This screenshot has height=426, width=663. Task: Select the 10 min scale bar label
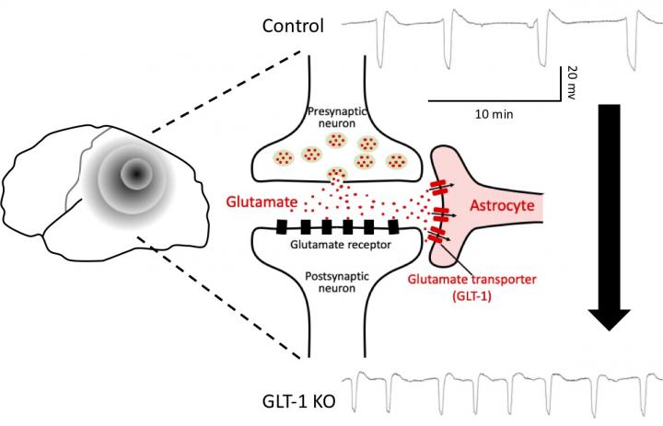coord(494,114)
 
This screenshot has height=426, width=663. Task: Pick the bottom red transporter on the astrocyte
coord(437,235)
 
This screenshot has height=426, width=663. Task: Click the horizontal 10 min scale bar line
coord(494,98)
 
